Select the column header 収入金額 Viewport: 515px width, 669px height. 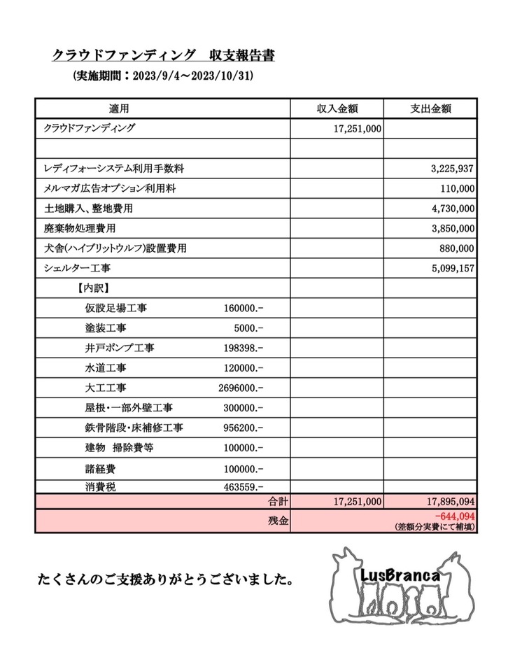click(337, 109)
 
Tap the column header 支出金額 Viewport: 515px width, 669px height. click(430, 109)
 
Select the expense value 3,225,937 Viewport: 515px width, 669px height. click(449, 169)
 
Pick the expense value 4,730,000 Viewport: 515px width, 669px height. click(449, 209)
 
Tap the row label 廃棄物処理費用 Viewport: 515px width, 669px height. click(80, 228)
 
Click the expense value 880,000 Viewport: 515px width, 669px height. click(454, 248)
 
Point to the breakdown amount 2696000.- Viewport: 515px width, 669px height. click(241, 387)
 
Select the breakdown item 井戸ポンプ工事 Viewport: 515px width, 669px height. click(120, 347)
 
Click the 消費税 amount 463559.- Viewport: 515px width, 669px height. click(242, 486)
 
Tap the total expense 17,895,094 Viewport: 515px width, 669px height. click(446, 502)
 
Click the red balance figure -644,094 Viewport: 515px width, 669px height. click(454, 516)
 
